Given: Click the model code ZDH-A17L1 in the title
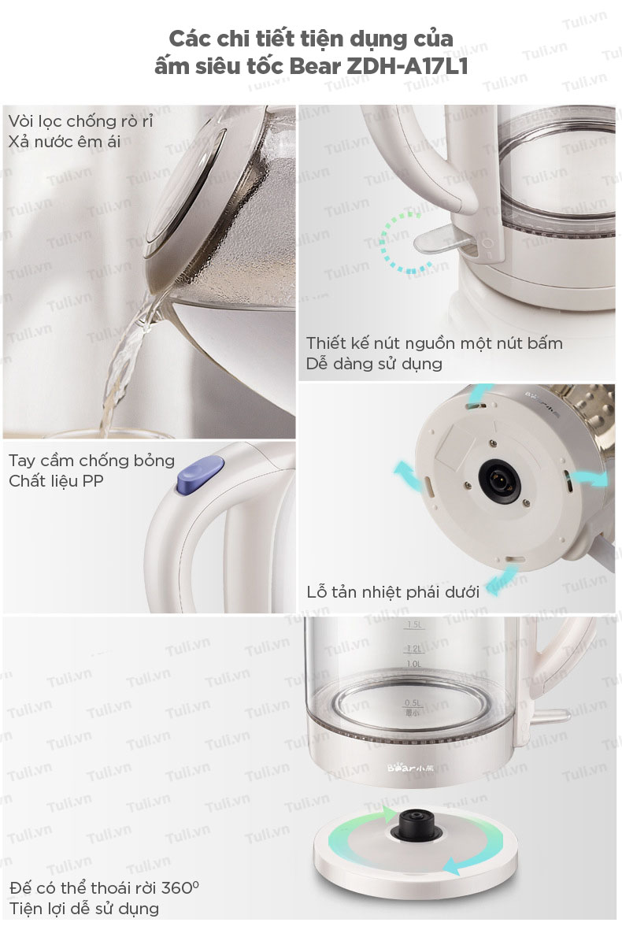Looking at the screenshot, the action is pos(407,66).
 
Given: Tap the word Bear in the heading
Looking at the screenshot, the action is pos(315,66).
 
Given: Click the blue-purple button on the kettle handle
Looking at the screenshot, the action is pos(200,474).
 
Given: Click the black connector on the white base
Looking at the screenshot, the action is pos(415,824).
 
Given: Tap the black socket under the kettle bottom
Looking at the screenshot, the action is pos(502,478).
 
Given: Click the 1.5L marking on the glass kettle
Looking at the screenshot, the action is pos(414,624).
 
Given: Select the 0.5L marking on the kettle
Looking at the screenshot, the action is pos(413,702).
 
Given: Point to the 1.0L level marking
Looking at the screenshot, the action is pos(414,664).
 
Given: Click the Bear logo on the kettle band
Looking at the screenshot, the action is pos(410,768).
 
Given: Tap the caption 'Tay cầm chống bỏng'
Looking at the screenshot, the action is pos(91,461).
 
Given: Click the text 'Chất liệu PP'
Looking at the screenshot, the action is pos(56,481).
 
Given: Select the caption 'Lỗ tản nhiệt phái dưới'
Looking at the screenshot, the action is pos(393,592).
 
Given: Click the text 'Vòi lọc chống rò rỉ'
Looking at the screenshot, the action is pos(80,121).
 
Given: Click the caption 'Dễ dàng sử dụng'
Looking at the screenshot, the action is pos(374,364).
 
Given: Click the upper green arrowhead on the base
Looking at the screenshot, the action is pos(389,816).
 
